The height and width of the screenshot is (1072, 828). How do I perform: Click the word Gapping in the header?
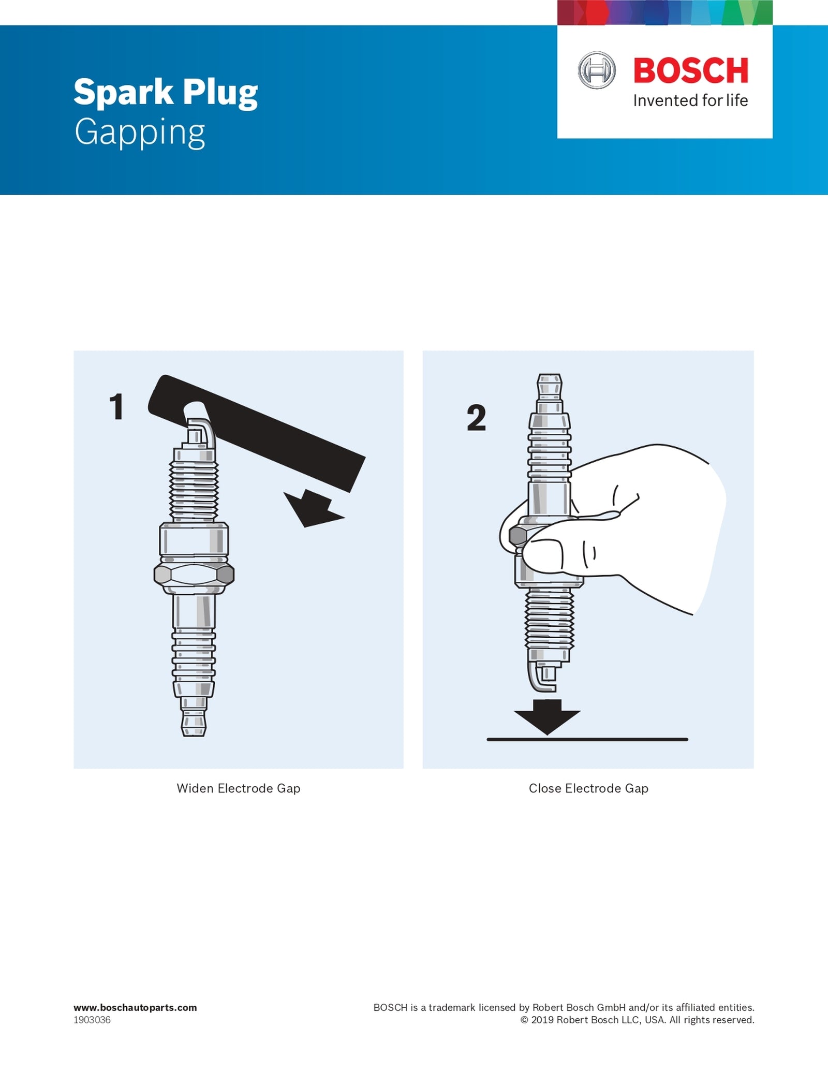(140, 133)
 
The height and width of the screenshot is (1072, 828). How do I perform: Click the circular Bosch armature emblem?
(597, 70)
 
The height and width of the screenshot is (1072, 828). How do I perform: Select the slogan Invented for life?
(690, 100)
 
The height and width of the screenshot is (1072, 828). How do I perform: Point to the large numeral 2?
(476, 418)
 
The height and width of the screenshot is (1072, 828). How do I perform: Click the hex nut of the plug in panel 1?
(194, 575)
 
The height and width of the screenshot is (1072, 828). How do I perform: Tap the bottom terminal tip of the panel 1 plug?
(194, 723)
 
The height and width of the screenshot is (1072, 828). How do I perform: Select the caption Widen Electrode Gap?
(239, 788)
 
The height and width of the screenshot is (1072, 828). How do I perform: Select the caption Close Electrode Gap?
(588, 788)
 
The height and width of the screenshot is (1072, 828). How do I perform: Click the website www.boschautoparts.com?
(135, 1007)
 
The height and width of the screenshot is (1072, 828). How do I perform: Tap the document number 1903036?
(92, 1020)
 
